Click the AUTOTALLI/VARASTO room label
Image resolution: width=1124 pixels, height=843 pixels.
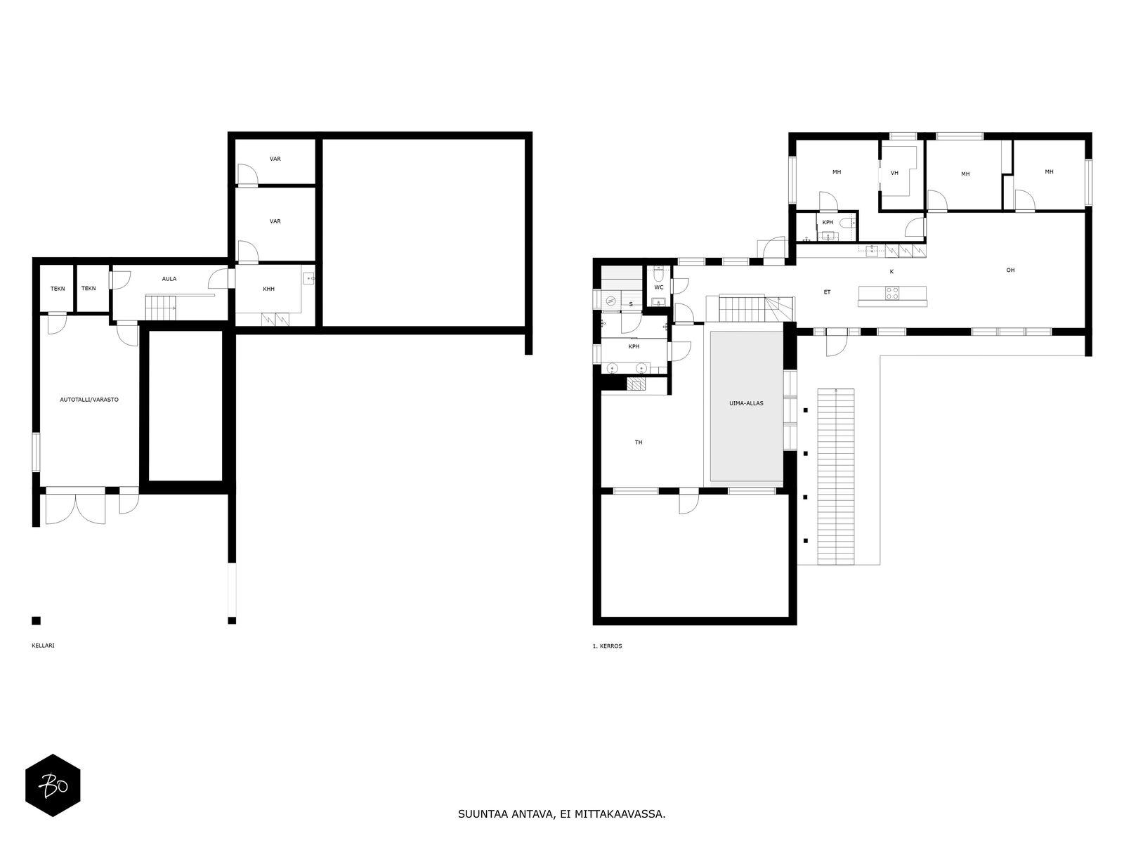coord(89,400)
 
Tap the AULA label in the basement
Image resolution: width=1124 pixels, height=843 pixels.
coord(169,279)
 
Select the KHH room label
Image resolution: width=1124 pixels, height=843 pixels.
coord(269,289)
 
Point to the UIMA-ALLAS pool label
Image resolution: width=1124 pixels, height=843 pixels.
coord(746,403)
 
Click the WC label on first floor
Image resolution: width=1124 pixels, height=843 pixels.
coord(658,287)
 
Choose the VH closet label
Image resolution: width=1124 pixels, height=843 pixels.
coord(894,173)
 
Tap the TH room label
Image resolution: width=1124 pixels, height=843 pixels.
coord(639,443)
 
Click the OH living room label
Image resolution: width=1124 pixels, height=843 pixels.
coord(1010,270)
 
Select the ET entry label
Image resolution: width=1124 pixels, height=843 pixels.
coord(827,292)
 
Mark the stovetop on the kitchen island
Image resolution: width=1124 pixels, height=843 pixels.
coord(892,293)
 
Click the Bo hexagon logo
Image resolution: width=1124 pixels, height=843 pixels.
coord(53,785)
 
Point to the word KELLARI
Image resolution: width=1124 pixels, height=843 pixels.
coord(43,646)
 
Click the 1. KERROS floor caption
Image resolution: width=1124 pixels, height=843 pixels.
coord(608,646)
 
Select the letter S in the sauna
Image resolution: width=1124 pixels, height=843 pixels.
coord(631,304)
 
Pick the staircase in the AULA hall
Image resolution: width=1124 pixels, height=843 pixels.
coord(161,307)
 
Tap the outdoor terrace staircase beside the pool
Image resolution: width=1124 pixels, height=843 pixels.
coord(836,476)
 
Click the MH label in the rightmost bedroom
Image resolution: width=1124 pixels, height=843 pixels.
coord(1050,172)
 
